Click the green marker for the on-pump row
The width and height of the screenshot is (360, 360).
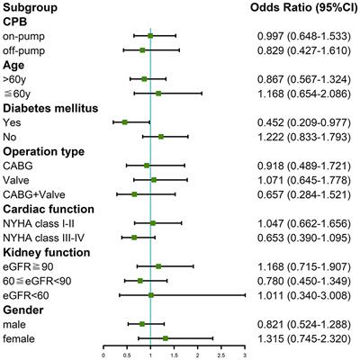(x=150, y=36)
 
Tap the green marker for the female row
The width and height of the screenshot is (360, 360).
(x=166, y=337)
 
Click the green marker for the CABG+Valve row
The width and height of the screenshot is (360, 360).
(x=135, y=193)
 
